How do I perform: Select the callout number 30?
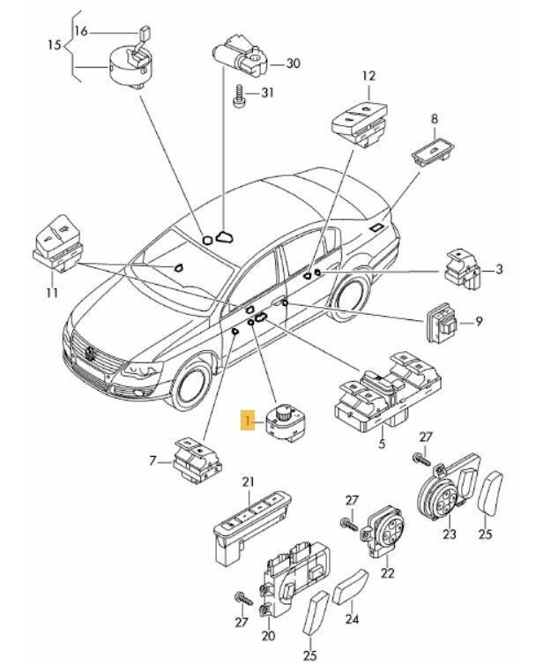[294, 63]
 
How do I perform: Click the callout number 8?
[434, 118]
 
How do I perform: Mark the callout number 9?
[480, 322]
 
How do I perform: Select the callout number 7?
[153, 462]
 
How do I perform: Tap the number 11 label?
[50, 293]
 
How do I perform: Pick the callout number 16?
[81, 31]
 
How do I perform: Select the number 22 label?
[385, 573]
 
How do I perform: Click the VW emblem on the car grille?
[93, 355]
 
